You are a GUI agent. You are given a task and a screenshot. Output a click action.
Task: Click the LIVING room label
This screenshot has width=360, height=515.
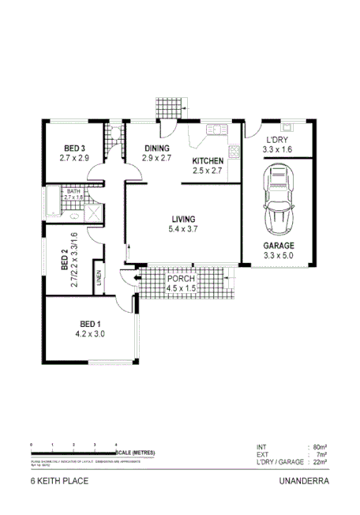click(184, 219)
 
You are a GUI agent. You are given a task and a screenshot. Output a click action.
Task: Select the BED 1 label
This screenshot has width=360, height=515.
click(89, 324)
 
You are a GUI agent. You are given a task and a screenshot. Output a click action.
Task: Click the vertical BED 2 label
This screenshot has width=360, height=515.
click(64, 261)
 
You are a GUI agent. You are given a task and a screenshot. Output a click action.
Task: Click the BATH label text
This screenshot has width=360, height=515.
click(73, 191)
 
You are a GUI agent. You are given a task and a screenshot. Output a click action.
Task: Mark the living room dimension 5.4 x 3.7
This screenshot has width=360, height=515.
click(184, 229)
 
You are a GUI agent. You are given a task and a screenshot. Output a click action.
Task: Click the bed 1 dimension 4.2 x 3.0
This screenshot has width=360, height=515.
click(89, 334)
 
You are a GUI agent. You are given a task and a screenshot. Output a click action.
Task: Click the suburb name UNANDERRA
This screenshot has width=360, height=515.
click(303, 479)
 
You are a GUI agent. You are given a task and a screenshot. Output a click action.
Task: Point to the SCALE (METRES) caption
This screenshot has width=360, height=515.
click(137, 452)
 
